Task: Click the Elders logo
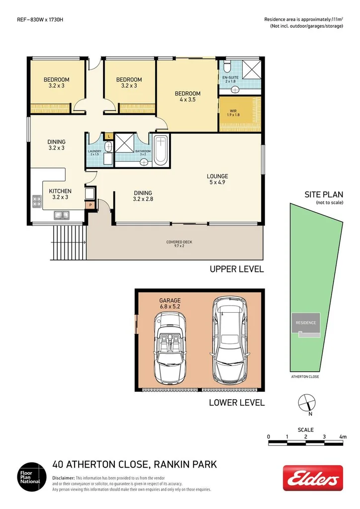point(313,478)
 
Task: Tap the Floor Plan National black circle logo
point(32,477)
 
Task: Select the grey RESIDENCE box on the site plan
point(306,323)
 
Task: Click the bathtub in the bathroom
point(160,150)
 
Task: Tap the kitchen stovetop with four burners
point(37,201)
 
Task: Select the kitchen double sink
point(62,215)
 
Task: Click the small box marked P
point(90,205)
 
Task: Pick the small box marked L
point(108,136)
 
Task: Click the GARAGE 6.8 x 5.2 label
point(170,304)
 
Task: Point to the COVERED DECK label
point(179,244)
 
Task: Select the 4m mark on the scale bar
point(343,436)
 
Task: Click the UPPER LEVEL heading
point(236,269)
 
